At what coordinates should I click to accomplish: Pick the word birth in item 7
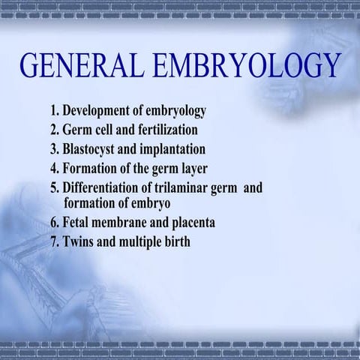(x=176, y=241)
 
